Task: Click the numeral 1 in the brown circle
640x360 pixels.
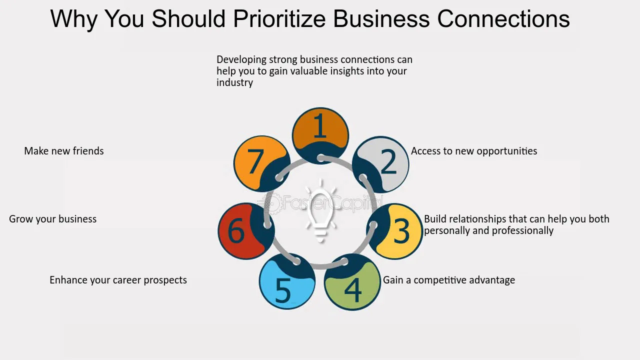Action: click(320, 125)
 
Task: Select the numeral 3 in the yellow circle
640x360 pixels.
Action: click(401, 231)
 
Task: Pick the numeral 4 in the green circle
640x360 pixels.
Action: click(353, 290)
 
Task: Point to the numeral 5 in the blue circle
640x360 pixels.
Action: click(283, 291)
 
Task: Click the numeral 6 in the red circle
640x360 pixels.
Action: click(236, 231)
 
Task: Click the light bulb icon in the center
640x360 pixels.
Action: click(320, 211)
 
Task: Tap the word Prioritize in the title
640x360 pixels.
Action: click(279, 19)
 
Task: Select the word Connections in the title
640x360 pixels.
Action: click(503, 19)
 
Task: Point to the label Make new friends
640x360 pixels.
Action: click(64, 151)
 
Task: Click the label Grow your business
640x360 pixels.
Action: click(53, 219)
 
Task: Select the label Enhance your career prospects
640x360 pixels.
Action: click(118, 280)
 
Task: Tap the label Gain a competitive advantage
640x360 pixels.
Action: click(449, 280)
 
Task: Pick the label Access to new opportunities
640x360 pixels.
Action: click(474, 151)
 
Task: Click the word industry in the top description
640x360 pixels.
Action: click(234, 82)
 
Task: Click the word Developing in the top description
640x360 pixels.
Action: click(241, 60)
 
